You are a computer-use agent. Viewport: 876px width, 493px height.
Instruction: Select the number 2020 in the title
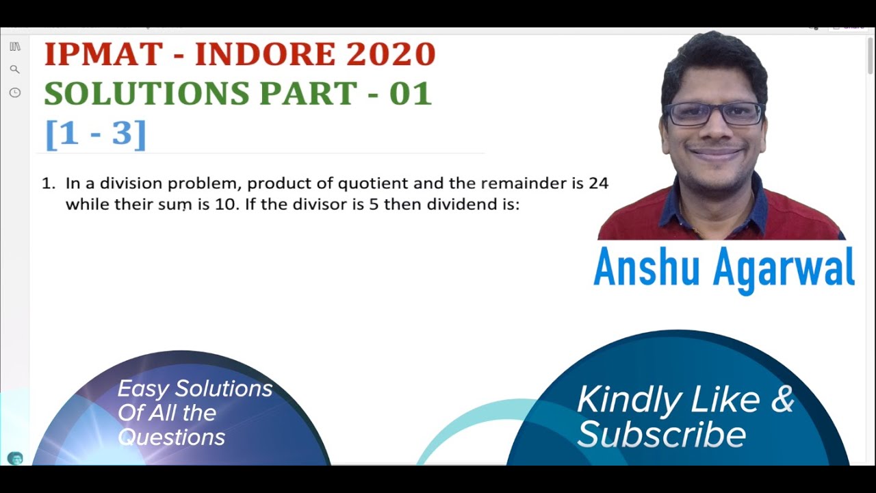(x=391, y=55)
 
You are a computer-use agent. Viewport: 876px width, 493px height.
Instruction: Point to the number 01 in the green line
(x=411, y=94)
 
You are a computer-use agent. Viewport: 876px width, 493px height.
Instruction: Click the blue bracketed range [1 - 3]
(x=96, y=134)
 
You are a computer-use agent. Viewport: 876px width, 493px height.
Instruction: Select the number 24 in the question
(x=598, y=184)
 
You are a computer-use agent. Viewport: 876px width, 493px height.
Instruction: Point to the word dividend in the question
(x=458, y=205)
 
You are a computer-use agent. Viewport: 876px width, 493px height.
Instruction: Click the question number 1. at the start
(x=48, y=184)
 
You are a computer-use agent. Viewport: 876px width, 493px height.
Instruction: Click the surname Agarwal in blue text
(x=784, y=268)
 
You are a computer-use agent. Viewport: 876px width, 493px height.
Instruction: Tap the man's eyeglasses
(x=714, y=114)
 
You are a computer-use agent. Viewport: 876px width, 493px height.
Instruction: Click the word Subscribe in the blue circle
(x=661, y=434)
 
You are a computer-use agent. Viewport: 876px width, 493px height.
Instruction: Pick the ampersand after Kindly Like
(x=782, y=399)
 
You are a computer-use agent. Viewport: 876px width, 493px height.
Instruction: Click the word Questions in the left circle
(x=171, y=437)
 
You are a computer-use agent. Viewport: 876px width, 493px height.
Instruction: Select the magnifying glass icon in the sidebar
(x=14, y=69)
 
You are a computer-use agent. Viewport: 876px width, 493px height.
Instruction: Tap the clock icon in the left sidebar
(x=14, y=92)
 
